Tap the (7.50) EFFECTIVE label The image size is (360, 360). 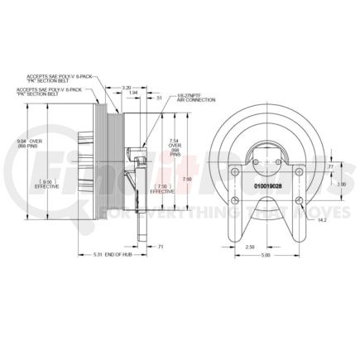tap(164, 189)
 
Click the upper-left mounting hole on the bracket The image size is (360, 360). tap(234, 173)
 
